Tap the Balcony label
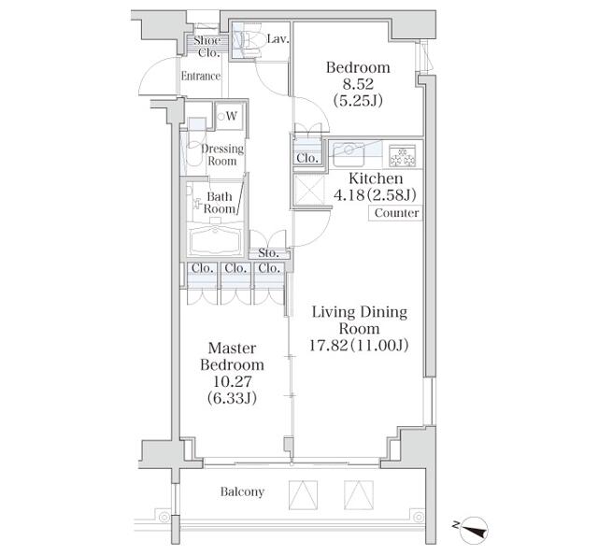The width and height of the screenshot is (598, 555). pos(242,491)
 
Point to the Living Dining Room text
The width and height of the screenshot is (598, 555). pos(359,320)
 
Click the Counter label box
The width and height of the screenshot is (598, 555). pos(396,213)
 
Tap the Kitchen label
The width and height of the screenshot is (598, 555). pos(376,178)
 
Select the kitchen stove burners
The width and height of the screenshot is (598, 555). pos(403,152)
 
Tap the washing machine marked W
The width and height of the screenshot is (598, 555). pos(229,116)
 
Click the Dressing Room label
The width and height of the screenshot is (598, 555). pos(222,155)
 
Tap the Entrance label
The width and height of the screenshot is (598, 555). pos(200,77)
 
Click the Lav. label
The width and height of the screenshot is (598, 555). pos(277,39)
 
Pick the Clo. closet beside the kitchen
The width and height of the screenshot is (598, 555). pos(306,159)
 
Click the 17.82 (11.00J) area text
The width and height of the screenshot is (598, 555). pos(360,346)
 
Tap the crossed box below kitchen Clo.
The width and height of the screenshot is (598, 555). pos(306,190)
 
